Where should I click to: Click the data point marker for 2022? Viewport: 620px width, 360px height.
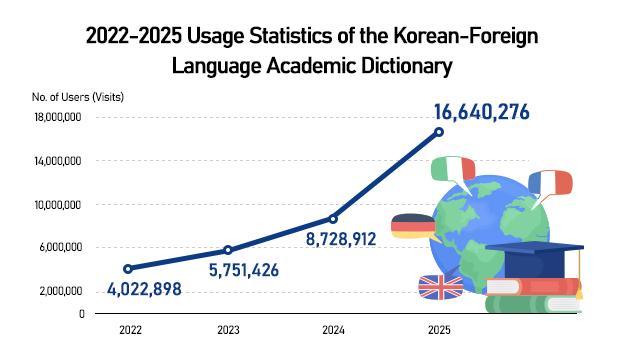[127, 268]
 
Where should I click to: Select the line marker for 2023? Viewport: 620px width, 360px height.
[228, 250]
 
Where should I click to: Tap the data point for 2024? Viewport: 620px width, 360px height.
[333, 218]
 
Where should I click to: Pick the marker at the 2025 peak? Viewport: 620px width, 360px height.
[438, 132]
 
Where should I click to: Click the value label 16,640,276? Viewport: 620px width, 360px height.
[481, 111]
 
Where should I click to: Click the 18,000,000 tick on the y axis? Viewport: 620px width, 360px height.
[58, 118]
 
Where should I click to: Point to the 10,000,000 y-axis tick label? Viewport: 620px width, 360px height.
[58, 205]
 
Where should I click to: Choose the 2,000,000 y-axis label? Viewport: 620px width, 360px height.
[60, 291]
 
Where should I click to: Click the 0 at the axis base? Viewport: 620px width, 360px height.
[81, 313]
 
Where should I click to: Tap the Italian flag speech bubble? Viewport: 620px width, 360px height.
[452, 169]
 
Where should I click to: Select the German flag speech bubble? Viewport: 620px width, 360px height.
[413, 227]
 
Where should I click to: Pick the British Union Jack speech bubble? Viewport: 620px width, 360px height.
[441, 287]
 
